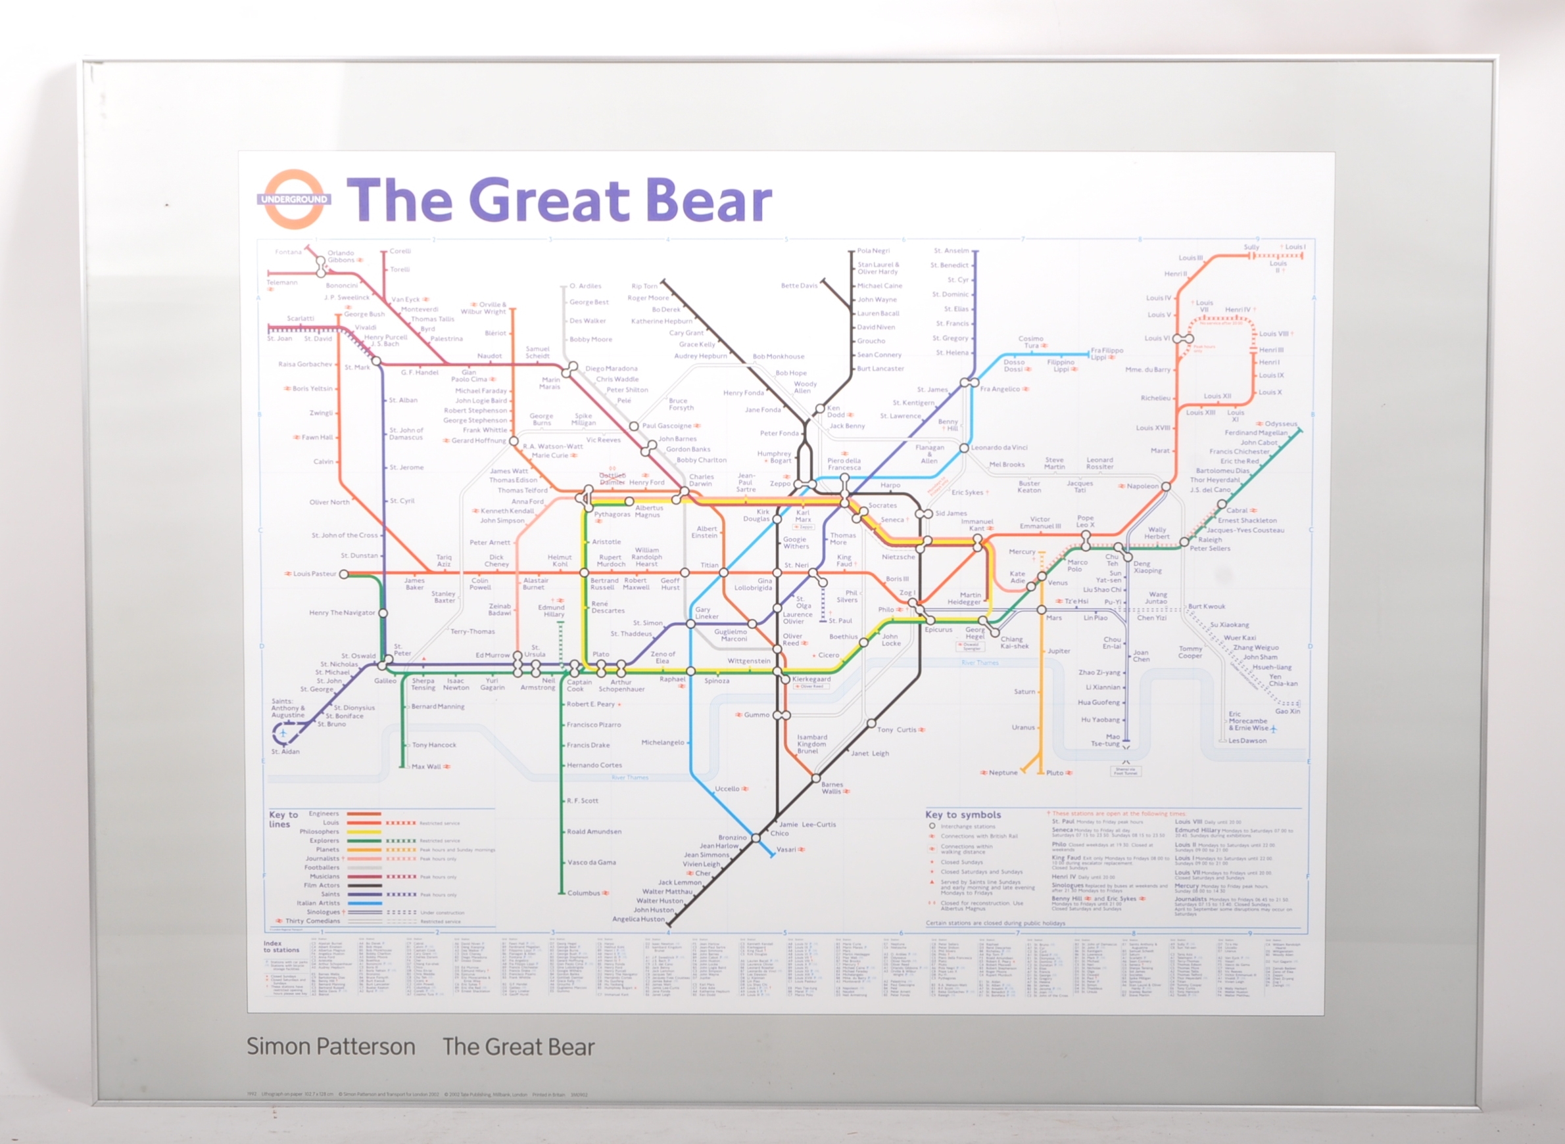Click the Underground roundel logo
pos(294,200)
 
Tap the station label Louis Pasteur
pos(314,574)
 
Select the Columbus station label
pos(583,892)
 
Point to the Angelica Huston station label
pos(638,919)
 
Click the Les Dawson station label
pos(1247,741)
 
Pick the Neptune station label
pos(1003,772)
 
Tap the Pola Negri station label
pos(873,251)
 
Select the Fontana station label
pos(288,252)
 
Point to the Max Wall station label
pos(426,767)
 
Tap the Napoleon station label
pos(1142,486)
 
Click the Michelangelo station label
pos(662,743)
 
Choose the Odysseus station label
pos(1280,424)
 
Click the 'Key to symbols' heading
pos(963,814)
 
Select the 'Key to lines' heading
pos(283,819)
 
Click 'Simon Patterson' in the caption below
pos(331,1046)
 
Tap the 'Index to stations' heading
pos(281,947)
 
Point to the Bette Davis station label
pos(799,285)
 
